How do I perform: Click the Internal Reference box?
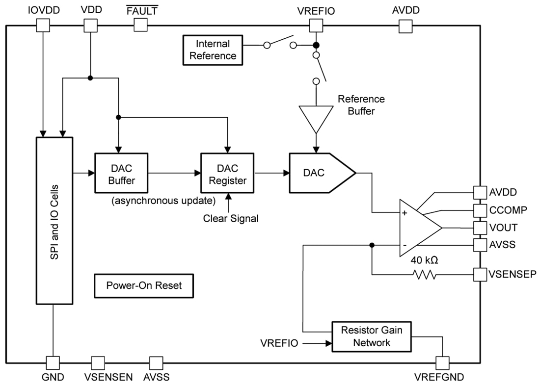coord(213,50)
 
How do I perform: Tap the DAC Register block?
coord(227,174)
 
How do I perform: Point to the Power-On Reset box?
coord(144,285)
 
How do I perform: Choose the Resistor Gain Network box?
coord(371,336)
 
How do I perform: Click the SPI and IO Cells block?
coord(54,221)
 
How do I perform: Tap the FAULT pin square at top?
coord(141,25)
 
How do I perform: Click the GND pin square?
coord(53,363)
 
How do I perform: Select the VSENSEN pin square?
coord(98,363)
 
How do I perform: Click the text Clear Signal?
coord(231,219)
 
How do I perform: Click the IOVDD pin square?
coord(43,25)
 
